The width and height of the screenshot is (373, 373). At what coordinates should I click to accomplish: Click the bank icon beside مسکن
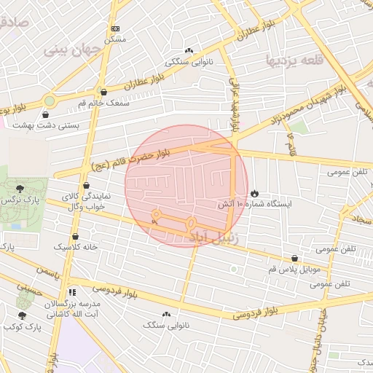[114, 28]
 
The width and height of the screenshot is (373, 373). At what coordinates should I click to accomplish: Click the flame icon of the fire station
[254, 193]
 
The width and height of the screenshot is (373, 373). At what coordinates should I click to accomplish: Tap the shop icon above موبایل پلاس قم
[294, 258]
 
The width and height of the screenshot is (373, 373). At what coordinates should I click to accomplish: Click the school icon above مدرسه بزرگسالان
[71, 291]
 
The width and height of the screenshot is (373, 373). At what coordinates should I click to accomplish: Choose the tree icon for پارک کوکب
[21, 315]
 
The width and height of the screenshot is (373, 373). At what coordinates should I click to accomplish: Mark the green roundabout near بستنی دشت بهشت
[49, 101]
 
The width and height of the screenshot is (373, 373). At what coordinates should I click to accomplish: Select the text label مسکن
[114, 39]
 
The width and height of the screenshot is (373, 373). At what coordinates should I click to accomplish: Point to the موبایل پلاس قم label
[295, 270]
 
